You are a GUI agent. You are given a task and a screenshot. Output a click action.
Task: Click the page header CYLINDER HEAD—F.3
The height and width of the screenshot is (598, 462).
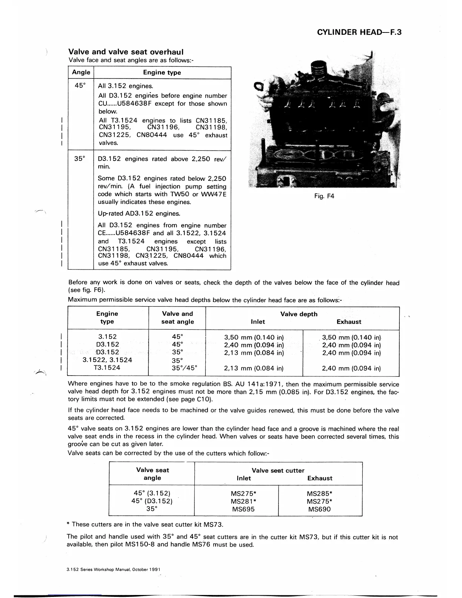[x=359, y=32]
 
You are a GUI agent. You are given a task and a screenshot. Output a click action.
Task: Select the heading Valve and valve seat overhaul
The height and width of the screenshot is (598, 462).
[x=126, y=52]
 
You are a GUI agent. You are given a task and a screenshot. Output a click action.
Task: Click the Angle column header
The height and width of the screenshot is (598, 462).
[x=81, y=72]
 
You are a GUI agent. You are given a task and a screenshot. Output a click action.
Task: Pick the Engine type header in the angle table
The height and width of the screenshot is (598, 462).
[x=162, y=72]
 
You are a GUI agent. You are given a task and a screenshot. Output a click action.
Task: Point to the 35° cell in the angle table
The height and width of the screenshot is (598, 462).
[x=80, y=159]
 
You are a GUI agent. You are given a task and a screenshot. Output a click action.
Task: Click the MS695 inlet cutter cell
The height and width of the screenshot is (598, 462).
[x=243, y=509]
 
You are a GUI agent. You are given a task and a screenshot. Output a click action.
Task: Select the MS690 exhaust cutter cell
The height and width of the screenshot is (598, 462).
[x=319, y=509]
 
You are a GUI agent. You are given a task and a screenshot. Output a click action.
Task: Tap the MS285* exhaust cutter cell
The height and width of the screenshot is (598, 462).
[x=319, y=493]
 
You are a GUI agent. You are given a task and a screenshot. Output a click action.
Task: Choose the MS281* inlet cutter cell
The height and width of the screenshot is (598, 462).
[x=243, y=501]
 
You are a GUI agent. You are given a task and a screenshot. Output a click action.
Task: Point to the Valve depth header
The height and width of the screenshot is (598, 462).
[x=299, y=314]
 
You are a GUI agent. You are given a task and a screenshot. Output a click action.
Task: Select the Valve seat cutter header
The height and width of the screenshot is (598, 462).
[x=278, y=470]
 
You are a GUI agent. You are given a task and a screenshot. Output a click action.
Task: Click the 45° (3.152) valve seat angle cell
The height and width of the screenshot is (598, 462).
[x=152, y=493]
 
